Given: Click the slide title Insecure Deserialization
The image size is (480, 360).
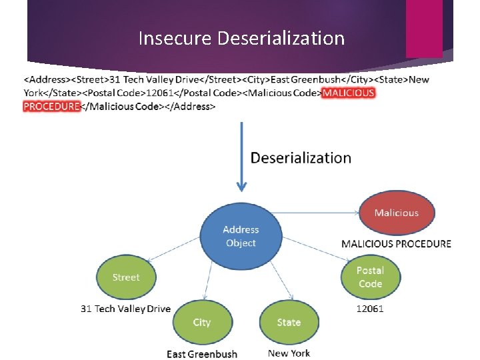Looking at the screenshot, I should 241,39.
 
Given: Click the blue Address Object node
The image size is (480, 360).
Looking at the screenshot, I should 241,236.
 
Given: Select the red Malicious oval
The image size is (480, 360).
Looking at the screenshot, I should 396,213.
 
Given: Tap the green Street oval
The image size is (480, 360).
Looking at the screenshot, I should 126,277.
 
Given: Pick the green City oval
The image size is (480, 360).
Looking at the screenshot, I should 202,322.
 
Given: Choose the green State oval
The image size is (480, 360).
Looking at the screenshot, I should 289,322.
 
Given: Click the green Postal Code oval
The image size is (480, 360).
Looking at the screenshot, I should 370,277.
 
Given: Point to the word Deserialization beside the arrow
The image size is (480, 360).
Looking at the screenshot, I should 300,158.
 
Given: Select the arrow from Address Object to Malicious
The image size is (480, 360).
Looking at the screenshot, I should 313,213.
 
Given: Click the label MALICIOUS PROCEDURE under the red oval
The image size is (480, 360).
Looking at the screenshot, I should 396,244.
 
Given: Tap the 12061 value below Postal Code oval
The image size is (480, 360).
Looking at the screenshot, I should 370,309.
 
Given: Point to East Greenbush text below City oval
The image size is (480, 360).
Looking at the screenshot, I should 202,353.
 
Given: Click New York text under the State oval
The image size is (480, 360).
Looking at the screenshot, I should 289,353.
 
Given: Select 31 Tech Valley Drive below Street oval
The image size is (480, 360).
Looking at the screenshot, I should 125,309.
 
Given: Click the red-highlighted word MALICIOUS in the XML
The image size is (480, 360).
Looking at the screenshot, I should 348,93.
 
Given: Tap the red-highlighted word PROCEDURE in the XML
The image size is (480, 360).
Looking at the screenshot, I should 51,106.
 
